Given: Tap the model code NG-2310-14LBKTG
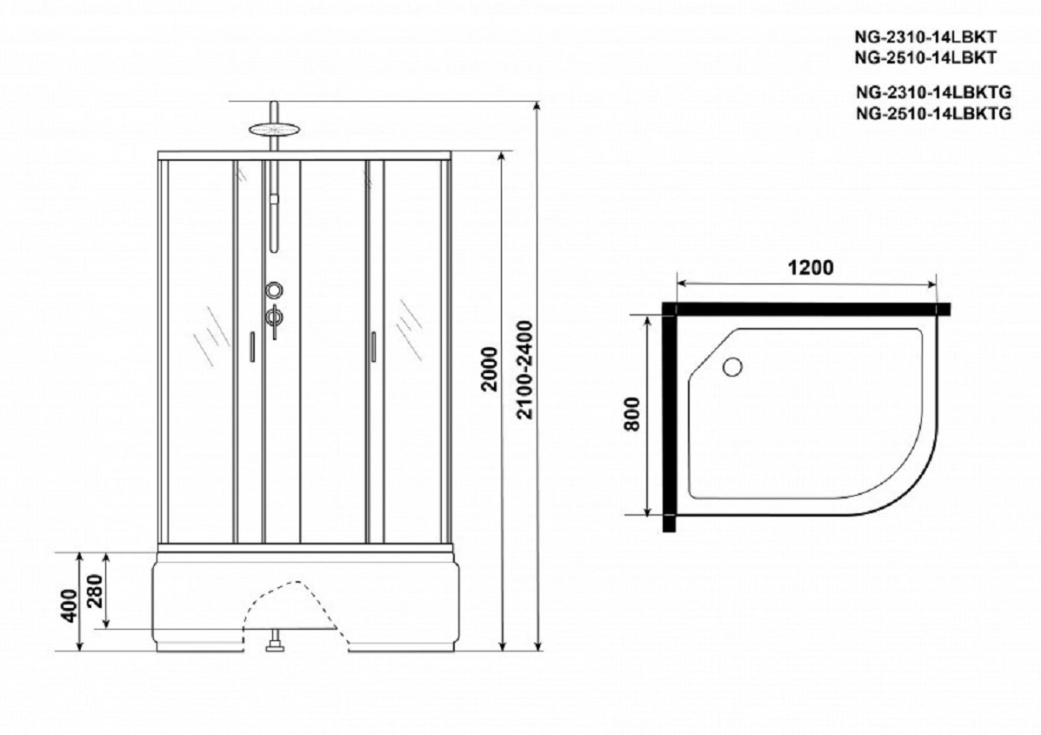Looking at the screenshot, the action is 934,92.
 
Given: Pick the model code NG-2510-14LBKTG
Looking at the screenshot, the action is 934,113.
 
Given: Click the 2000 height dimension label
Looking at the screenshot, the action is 490,369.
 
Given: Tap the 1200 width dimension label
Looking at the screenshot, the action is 810,268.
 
